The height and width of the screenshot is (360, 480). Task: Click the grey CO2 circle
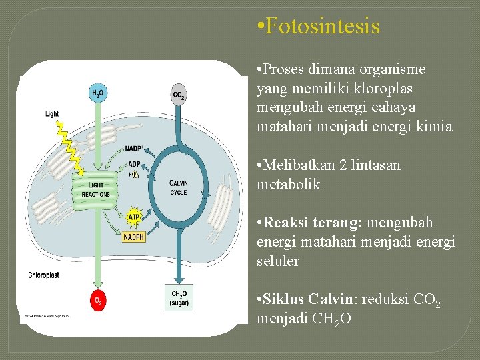click(x=179, y=95)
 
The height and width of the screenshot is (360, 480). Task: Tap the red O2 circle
click(x=98, y=301)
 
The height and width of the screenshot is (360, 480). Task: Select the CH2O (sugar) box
click(x=179, y=297)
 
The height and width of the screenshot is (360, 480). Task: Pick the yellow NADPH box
click(x=134, y=237)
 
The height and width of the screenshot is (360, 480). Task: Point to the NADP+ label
click(x=135, y=149)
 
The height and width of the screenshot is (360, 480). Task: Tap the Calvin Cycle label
click(x=178, y=187)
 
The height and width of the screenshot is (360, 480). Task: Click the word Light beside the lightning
click(x=52, y=114)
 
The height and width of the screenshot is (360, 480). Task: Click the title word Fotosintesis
click(x=322, y=27)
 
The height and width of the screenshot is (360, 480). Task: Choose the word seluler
click(x=278, y=261)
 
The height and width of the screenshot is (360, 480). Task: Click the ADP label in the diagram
click(x=134, y=164)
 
